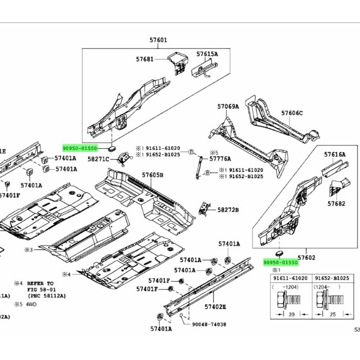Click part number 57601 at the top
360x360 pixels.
[x=158, y=40]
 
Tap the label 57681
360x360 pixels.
[x=144, y=59]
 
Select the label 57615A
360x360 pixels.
[x=207, y=54]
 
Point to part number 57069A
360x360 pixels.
[x=228, y=107]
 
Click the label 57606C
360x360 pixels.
[x=292, y=113]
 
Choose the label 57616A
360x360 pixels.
[x=335, y=154]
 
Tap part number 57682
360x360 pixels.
[x=336, y=203]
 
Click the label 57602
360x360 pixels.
[x=306, y=257]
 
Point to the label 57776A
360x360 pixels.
[x=220, y=158]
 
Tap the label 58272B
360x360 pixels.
[x=228, y=210]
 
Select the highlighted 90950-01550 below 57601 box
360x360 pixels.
[x=80, y=148]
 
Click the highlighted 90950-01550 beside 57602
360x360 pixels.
[x=280, y=262]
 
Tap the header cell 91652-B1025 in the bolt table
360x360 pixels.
[x=331, y=279]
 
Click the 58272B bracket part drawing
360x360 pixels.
[x=206, y=207]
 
